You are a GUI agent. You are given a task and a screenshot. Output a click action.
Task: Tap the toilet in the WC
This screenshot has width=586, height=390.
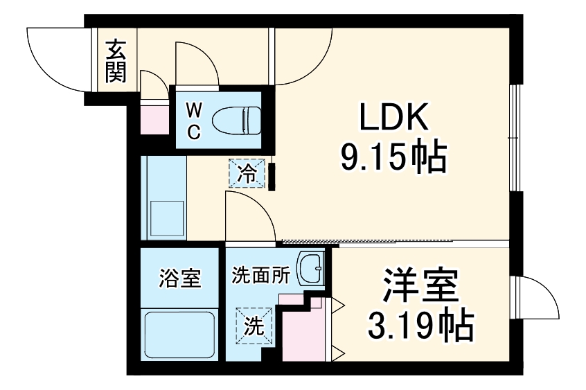click(236, 120)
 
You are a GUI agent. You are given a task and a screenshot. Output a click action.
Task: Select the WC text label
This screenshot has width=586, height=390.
click(194, 119)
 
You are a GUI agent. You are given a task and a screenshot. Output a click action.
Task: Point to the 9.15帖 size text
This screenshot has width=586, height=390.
click(392, 159)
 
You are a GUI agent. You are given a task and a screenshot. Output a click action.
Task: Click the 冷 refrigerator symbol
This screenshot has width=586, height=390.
click(247, 175)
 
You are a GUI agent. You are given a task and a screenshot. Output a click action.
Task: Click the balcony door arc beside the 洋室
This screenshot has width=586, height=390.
click(537, 298)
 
